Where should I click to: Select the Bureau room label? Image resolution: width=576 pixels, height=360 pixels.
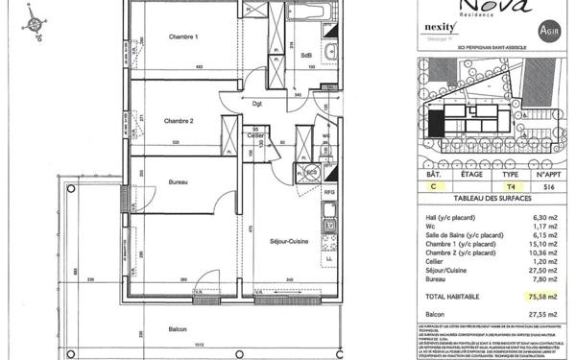pyautogui.click(x=177, y=181)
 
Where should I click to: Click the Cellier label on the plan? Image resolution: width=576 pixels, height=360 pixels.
pyautogui.click(x=255, y=136)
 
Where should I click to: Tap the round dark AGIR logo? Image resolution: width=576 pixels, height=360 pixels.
pyautogui.click(x=547, y=31)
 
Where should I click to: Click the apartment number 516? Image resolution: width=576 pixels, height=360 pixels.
pyautogui.click(x=547, y=189)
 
